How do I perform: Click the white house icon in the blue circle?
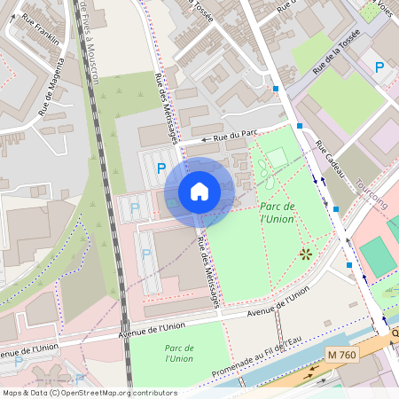pos(199,191)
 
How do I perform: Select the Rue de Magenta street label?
pos(51,88)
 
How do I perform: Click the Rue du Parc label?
pos(235,136)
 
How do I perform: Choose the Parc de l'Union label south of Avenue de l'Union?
pos(178,353)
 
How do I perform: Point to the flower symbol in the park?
pos(306,254)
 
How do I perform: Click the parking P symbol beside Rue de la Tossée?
pos(379,67)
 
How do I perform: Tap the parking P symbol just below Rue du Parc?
pos(160,168)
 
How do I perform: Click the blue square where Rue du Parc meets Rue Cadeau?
pos(300,126)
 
